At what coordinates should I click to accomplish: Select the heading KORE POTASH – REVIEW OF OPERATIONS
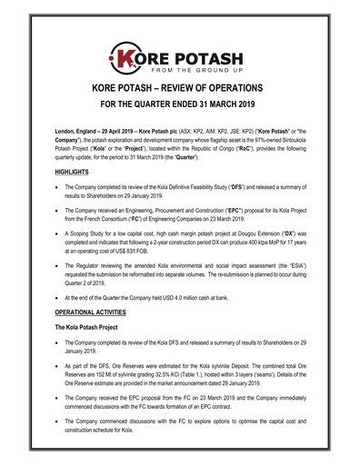coord(180,92)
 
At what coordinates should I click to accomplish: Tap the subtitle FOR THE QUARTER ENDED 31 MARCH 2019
coord(180,108)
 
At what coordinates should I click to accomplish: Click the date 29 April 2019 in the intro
coord(113,132)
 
